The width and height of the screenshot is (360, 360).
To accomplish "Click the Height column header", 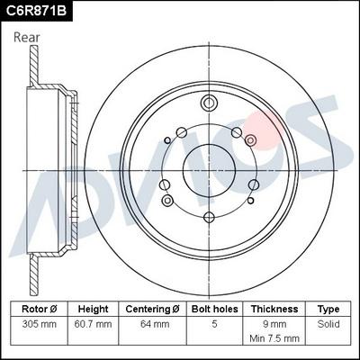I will coord(93,309).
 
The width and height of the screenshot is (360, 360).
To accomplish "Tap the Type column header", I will coord(328,309).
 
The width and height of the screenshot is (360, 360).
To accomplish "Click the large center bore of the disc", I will coord(209,168).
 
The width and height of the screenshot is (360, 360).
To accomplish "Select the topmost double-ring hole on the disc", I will coord(209,102).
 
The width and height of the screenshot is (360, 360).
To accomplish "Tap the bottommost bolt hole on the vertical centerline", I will coord(209,215).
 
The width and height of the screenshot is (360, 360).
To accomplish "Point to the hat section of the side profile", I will coord(54,168).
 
